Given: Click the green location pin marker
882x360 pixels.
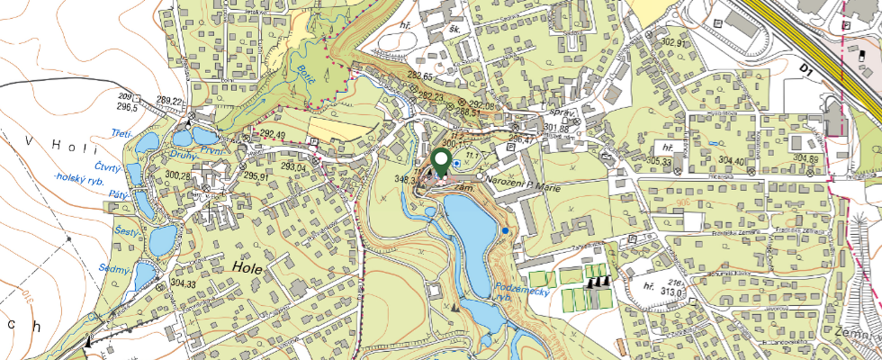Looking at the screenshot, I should pyautogui.click(x=441, y=162).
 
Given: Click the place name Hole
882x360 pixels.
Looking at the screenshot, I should pyautogui.click(x=246, y=267).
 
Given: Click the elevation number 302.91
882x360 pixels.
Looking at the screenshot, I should pyautogui.click(x=672, y=42).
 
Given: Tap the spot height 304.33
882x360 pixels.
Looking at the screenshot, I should pyautogui.click(x=183, y=284).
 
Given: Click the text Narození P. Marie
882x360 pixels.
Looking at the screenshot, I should pyautogui.click(x=524, y=180).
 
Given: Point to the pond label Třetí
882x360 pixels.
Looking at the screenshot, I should pyautogui.click(x=121, y=135).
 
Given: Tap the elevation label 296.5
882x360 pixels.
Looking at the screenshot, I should pyautogui.click(x=126, y=106).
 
